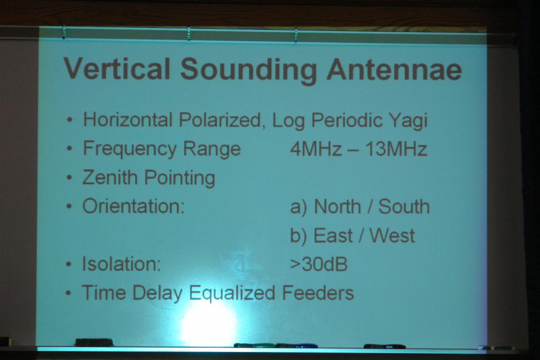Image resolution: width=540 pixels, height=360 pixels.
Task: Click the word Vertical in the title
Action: [117, 68]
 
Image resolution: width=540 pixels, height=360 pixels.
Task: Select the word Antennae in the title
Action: [394, 69]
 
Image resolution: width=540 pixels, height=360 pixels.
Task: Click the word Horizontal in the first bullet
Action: [128, 120]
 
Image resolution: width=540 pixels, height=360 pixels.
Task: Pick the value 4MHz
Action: [316, 149]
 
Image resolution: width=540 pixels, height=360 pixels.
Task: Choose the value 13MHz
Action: [396, 149]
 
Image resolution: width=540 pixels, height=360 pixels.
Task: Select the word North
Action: [338, 207]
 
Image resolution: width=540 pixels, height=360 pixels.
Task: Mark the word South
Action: [404, 207]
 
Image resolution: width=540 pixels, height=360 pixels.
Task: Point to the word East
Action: [333, 236]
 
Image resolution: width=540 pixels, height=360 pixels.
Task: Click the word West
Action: [392, 236]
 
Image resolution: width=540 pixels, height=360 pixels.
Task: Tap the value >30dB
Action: [318, 264]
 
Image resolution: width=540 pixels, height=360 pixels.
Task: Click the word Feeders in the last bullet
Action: [318, 293]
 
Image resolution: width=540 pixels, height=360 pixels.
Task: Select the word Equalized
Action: [232, 294]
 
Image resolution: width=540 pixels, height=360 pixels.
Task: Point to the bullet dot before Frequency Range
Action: [69, 149]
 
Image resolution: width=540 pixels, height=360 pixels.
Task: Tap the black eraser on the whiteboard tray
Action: [94, 342]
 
